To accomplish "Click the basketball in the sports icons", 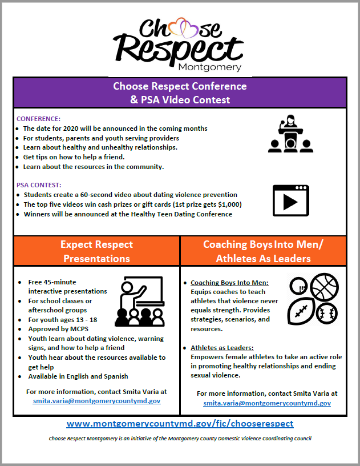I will [324, 286].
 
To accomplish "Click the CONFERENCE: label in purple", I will [38, 119].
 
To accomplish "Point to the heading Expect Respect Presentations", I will [97, 251].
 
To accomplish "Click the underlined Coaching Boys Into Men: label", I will [229, 283].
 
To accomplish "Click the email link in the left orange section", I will [96, 401].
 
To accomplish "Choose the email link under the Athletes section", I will [267, 403].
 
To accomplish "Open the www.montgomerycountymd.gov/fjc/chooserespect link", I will [180, 424].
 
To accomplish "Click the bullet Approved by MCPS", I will [54, 329].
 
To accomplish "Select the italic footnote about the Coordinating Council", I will [180, 439].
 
